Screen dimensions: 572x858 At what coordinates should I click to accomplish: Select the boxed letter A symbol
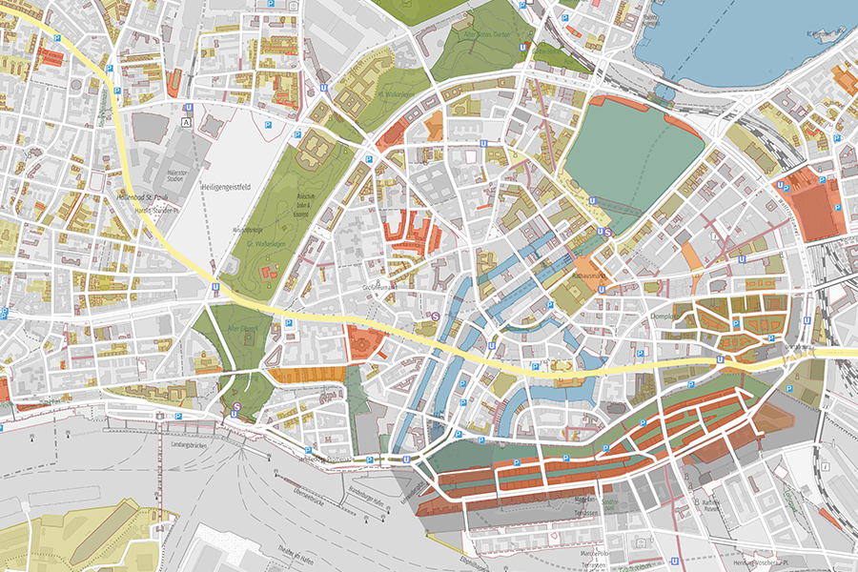186,123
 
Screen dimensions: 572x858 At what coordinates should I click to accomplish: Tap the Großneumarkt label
380,285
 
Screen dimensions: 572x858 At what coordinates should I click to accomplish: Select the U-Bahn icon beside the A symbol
190,108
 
